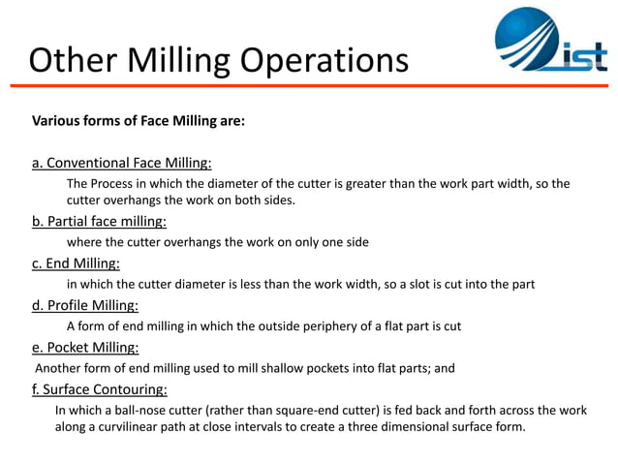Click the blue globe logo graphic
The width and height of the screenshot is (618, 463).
528,43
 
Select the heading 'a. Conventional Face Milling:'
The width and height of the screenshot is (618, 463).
122,162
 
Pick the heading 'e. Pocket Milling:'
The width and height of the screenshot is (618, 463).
85,347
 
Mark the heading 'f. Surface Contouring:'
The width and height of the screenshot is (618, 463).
100,389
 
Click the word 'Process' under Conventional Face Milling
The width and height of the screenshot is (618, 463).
116,183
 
